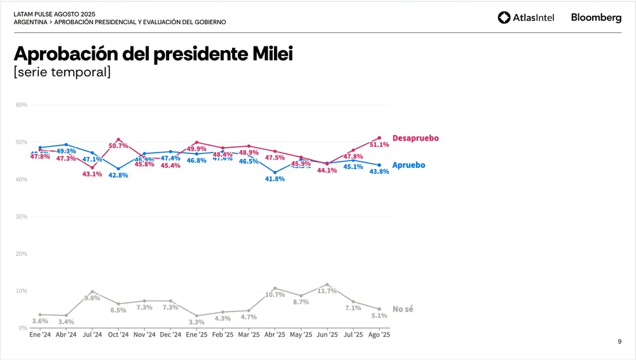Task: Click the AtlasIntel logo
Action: coord(526,18)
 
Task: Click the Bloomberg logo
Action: coord(596,18)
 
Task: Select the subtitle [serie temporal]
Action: coord(62,72)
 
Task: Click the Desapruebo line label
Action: coord(415,138)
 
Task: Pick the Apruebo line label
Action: coord(408,165)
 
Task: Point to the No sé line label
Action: coord(403,309)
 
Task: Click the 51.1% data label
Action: coord(379,145)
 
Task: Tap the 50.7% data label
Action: coord(118,146)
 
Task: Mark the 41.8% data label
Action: coord(275,179)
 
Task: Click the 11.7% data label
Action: coord(327,291)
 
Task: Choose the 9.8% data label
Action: coord(92,298)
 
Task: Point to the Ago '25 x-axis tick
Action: coord(379,335)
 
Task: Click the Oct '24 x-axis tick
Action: coord(118,335)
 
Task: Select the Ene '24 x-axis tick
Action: coord(40,335)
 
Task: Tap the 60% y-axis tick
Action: coord(21,104)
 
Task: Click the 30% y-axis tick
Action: coord(21,217)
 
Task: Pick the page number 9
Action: coord(619,342)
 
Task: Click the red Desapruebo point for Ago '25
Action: coord(379,138)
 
